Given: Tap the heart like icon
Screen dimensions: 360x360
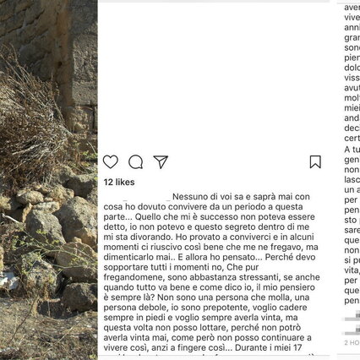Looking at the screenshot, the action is click(x=111, y=162).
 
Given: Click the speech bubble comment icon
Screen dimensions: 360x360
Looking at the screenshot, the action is click(x=135, y=162).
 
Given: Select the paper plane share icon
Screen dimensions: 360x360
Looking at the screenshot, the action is click(x=161, y=162).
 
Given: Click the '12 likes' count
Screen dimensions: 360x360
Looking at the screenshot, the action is click(x=119, y=182).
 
